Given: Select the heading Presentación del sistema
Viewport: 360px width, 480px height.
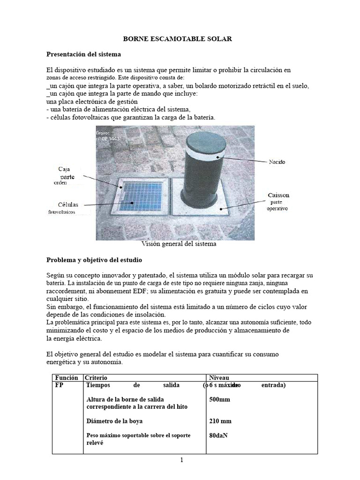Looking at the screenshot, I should [83, 54].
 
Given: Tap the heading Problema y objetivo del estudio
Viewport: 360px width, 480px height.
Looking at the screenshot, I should [94, 259].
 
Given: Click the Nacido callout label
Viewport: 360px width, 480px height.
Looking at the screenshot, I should [277, 162].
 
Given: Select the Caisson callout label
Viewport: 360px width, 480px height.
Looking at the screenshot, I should [278, 195].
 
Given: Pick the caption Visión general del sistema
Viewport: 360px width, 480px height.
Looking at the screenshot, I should [179, 244].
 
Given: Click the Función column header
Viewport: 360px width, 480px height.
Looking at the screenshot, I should [66, 377].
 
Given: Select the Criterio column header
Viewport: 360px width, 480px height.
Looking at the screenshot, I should [96, 377].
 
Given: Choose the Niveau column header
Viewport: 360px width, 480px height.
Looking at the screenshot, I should [219, 377].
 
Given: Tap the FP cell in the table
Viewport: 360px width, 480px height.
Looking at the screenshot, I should [60, 385].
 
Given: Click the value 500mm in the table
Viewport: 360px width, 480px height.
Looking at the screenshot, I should [220, 400].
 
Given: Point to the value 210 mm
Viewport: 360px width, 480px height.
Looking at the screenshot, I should [220, 421].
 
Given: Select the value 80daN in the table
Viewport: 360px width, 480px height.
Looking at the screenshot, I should [219, 435].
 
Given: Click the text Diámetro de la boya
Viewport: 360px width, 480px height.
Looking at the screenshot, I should [115, 421].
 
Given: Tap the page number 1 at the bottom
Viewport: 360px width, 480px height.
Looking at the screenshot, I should [181, 460].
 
